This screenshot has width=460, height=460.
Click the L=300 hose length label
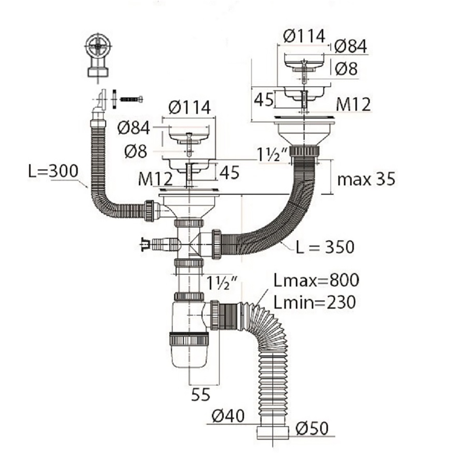pos(53,171)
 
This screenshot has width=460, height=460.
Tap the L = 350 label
pos(325,247)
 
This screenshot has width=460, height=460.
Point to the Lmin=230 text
pos(315,302)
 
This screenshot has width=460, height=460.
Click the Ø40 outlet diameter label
pos(228,416)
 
